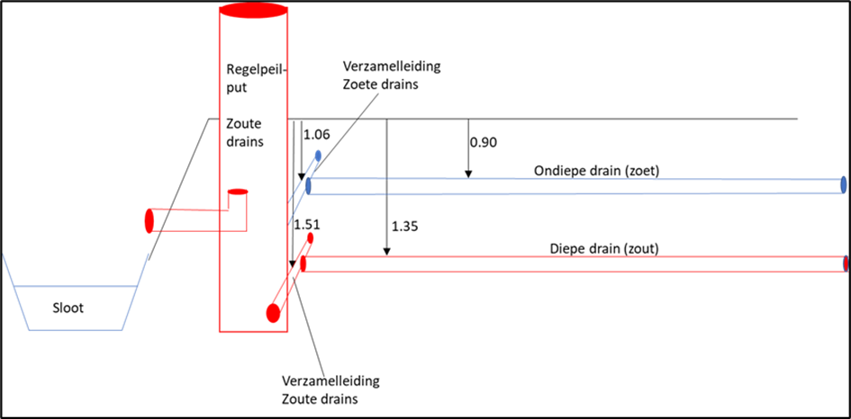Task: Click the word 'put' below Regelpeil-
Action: point(235,89)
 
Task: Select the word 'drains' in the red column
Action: point(244,142)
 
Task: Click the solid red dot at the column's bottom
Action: point(274,313)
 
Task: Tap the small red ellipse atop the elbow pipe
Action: point(237,192)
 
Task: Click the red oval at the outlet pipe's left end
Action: point(149,221)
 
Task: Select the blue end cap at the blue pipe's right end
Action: point(844,184)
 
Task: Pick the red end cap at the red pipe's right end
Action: point(845,264)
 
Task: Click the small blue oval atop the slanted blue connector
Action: point(318,156)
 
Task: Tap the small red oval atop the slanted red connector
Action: point(311,236)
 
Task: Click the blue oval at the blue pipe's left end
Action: point(309,185)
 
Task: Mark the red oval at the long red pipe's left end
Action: point(303,264)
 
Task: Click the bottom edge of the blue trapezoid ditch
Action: point(76,330)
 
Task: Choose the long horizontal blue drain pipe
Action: point(576,186)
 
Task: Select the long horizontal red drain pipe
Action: point(576,264)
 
